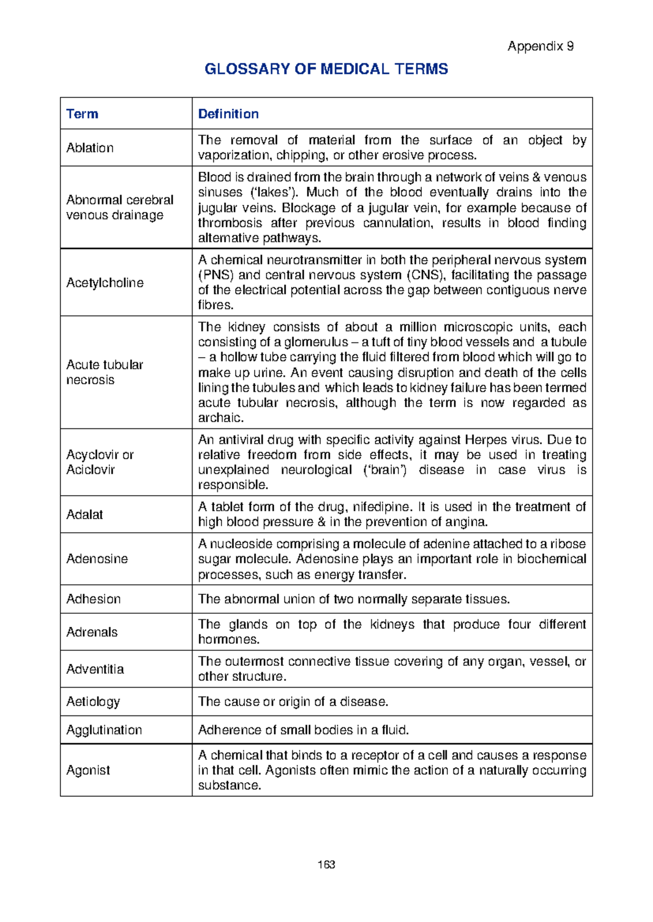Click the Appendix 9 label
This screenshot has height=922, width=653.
pos(540,46)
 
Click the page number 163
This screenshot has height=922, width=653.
pos(326,864)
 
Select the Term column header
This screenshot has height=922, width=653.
pos(82,114)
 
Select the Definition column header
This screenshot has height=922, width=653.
pos(228,114)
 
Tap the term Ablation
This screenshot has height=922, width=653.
pos(90,148)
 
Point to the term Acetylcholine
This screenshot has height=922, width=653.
pos(104,283)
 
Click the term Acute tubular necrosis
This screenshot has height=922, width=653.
pos(104,372)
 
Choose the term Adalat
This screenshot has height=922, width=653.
pos(84,514)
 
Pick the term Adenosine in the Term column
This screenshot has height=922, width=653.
pos(97,559)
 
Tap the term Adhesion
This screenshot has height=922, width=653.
pos(93,599)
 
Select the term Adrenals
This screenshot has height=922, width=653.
pos(91,632)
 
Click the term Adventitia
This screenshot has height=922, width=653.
pos(95,669)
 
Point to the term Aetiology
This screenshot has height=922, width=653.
pos(93,702)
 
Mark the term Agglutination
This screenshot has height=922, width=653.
pos(103,730)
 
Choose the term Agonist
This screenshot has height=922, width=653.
pos(88,770)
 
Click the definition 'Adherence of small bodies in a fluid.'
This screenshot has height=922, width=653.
pos(303,730)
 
